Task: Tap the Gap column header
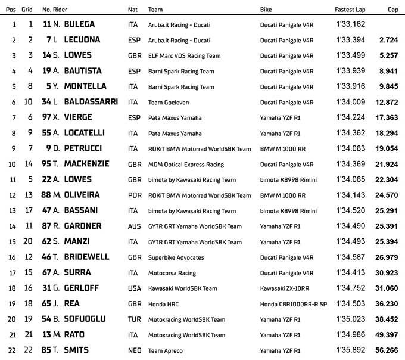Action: pos(392,10)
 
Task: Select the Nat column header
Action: pos(133,10)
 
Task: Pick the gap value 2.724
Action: pos(388,40)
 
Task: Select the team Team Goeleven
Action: pos(169,103)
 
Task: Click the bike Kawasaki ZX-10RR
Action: pos(284,288)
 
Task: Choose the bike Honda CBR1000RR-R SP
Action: pos(293,304)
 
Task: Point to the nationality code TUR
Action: pos(135,319)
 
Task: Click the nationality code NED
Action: pos(135,350)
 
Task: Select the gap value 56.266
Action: pos(387,350)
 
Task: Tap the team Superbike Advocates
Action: pos(176,257)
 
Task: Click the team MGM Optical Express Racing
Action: pos(186,164)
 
